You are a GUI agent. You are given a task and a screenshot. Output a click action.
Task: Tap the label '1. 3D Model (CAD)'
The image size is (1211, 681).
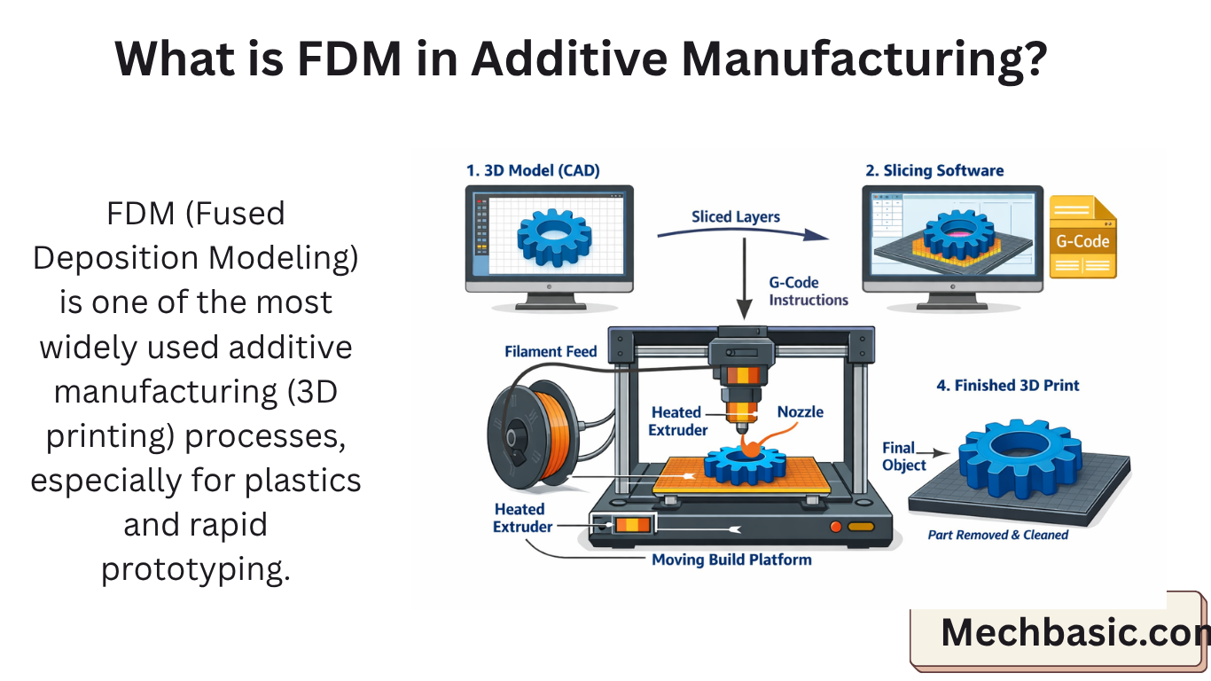[533, 170]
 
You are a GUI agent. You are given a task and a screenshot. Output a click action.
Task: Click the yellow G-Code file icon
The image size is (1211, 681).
[1082, 238]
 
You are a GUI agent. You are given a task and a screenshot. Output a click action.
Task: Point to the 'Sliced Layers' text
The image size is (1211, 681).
[736, 216]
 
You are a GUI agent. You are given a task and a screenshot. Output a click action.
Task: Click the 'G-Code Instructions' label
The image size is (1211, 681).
[808, 291]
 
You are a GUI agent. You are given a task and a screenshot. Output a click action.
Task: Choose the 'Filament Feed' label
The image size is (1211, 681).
[551, 351]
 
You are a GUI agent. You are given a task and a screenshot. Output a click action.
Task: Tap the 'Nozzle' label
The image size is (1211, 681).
[800, 411]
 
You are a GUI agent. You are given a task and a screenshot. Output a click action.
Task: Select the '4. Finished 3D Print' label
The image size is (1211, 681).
[1008, 385]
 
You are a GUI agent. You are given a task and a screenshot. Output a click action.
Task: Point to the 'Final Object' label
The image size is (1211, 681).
[903, 457]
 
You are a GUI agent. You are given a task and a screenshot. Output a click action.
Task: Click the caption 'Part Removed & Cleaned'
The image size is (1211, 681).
[997, 535]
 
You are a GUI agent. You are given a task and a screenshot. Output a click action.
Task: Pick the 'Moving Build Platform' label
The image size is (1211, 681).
[731, 560]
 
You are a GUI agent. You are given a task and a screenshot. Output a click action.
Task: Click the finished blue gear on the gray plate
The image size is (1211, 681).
[1020, 458]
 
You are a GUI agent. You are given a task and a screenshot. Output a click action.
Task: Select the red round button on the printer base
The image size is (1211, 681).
[834, 527]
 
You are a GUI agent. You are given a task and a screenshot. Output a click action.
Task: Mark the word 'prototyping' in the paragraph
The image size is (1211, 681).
[195, 568]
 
